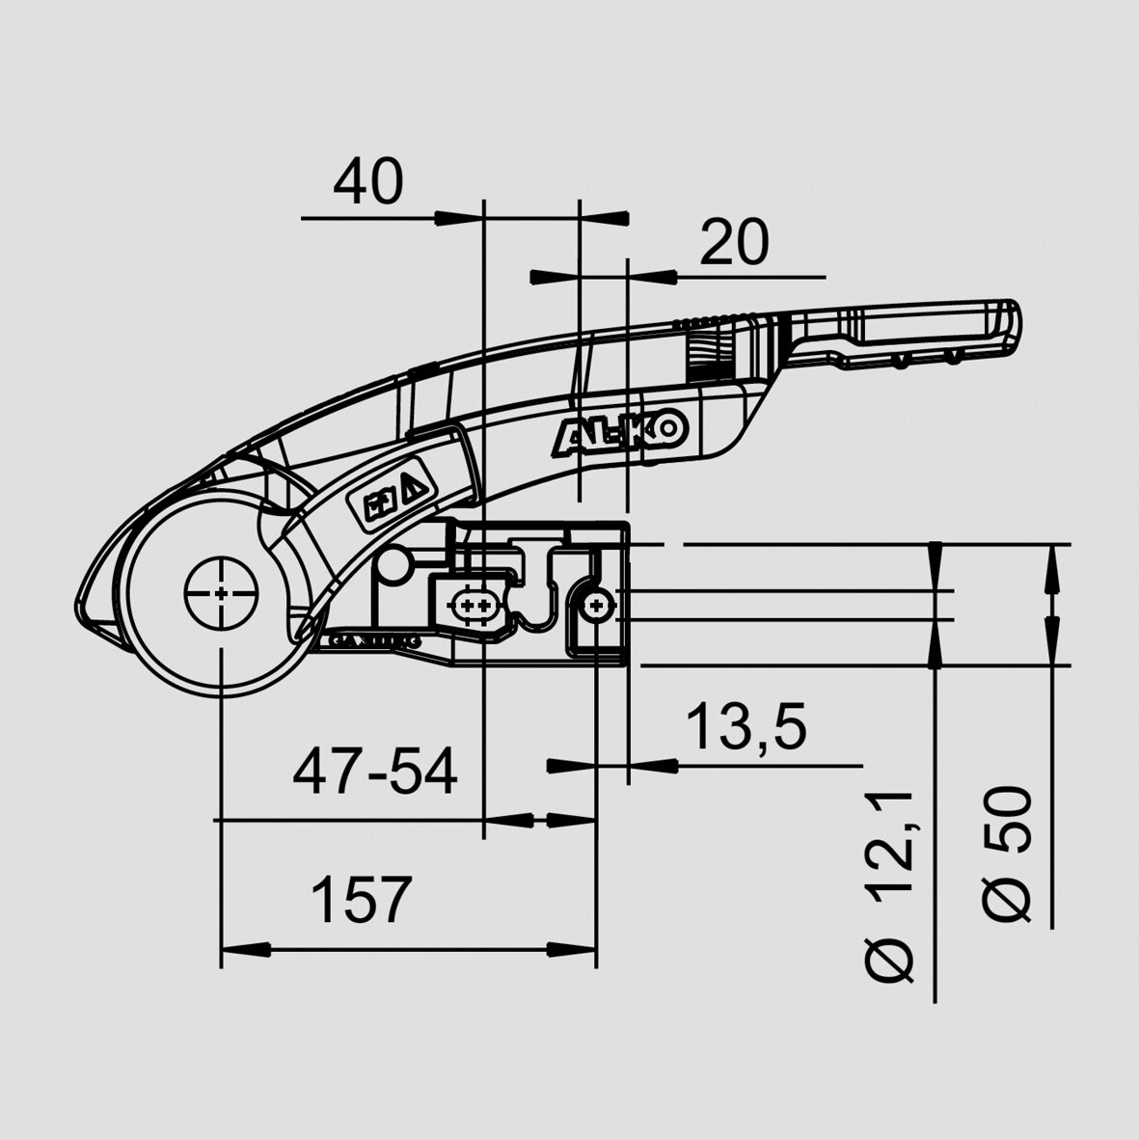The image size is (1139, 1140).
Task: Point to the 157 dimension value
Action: (x=361, y=900)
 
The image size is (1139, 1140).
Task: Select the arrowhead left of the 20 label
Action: (x=546, y=278)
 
